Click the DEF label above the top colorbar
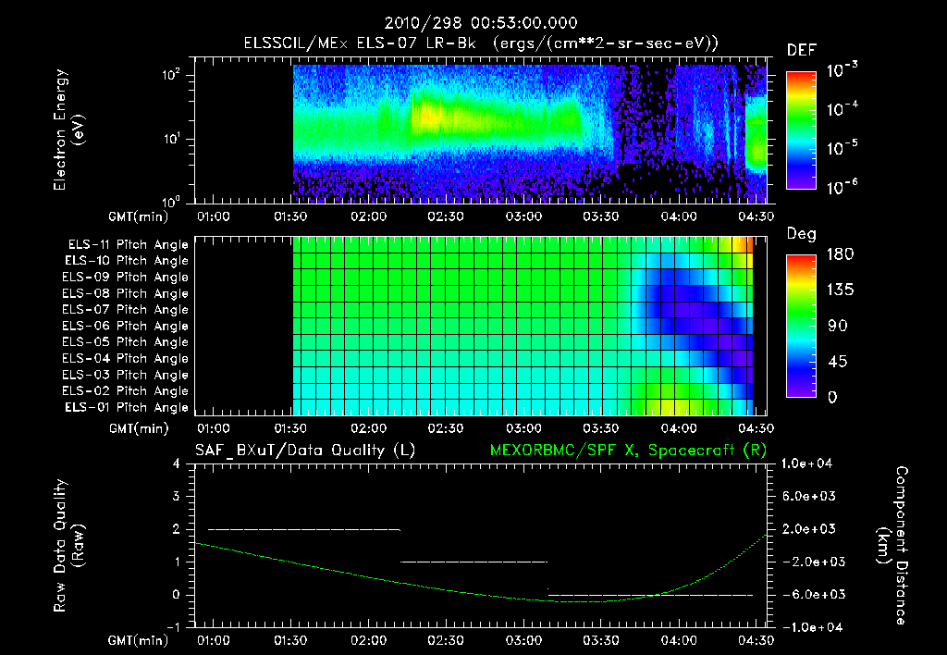801,50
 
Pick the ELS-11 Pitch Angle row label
128,244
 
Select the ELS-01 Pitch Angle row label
128,407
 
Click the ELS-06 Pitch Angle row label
128,326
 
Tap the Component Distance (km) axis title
892,546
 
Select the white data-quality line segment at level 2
304,529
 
